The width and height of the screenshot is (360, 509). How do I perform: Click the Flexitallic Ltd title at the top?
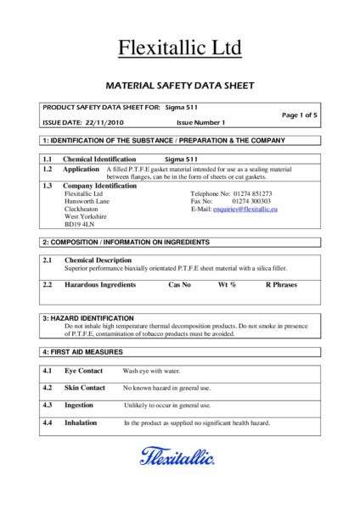point(179,49)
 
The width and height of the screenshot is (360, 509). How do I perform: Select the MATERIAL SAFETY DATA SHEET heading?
point(179,86)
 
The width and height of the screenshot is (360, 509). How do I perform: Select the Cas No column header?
point(180,285)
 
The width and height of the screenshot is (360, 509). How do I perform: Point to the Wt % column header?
point(227,285)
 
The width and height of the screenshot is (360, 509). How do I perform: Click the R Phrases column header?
point(281,285)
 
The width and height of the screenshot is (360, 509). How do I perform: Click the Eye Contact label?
point(84,371)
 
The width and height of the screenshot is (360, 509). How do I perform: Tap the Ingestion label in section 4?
point(79,405)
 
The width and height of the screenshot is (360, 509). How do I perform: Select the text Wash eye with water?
point(152,371)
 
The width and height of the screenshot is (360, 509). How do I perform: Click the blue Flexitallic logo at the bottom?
point(179,457)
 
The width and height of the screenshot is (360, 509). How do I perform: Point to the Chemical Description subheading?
point(98,260)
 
